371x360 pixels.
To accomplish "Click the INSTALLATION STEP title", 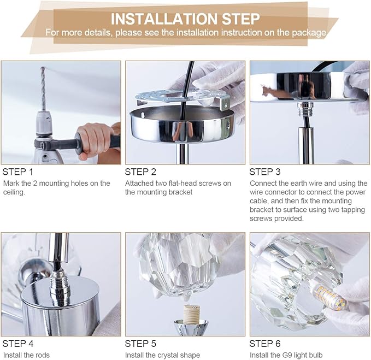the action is pyautogui.click(x=185, y=19).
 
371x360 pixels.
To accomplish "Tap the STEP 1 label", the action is pyautogui.click(x=17, y=172).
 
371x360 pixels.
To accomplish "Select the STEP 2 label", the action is pyautogui.click(x=140, y=172).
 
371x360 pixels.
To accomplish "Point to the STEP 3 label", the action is pyautogui.click(x=265, y=172).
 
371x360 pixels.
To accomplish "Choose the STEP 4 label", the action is pyautogui.click(x=18, y=344).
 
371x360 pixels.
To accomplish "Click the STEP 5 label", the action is pyautogui.click(x=140, y=344).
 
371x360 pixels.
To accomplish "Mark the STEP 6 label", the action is pyautogui.click(x=265, y=344).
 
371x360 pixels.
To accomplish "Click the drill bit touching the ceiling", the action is pyautogui.click(x=43, y=88).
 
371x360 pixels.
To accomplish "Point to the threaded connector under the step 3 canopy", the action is pyautogui.click(x=304, y=109).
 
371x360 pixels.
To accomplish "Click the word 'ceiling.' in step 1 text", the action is pyautogui.click(x=14, y=192).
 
